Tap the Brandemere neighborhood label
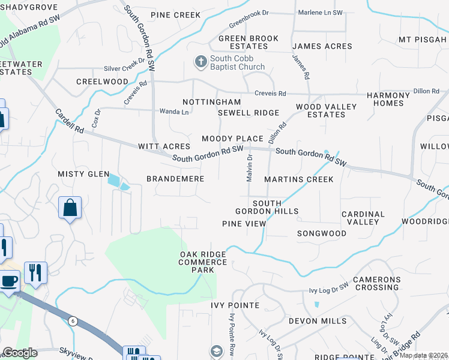point(175,179)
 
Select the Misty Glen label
point(83,174)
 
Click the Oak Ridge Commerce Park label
point(203,262)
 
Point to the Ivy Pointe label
point(235,305)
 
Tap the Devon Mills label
point(318,321)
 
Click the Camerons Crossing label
point(376,283)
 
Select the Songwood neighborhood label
point(322,233)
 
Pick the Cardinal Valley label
point(363,218)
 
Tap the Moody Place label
point(232,139)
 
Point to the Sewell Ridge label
point(248,113)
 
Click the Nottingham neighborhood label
point(211,103)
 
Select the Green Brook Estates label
point(248,42)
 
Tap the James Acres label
point(322,46)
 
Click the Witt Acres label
point(164,146)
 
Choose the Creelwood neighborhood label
point(102,82)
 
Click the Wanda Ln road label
point(173,112)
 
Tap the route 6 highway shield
point(72,320)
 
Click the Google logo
point(20,353)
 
